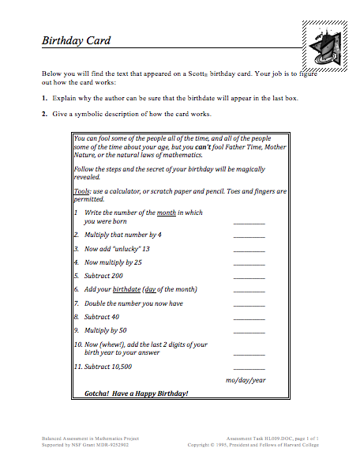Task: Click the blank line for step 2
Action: coord(249,236)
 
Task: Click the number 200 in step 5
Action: coord(118,276)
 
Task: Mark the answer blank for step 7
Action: coord(249,305)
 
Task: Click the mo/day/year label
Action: coord(246,380)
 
